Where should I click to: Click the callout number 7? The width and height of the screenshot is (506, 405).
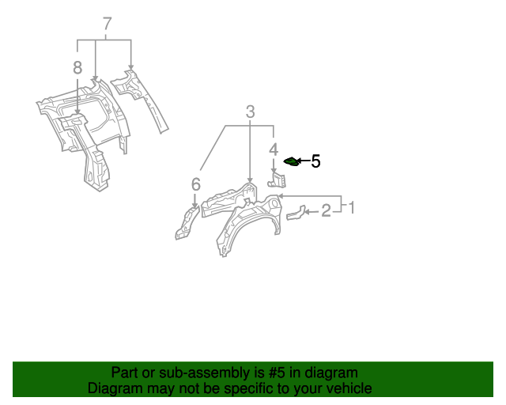tap(108, 24)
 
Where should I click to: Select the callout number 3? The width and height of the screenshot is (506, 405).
tap(250, 112)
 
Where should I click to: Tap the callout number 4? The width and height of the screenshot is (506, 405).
tap(274, 150)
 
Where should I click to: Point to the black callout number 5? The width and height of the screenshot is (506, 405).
tap(315, 161)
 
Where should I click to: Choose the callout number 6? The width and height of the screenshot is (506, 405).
tap(195, 184)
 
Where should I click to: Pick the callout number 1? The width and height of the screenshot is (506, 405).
tap(352, 207)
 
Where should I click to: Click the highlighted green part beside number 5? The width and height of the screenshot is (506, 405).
tap(291, 162)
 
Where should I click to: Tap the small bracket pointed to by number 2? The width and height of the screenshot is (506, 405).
tap(296, 213)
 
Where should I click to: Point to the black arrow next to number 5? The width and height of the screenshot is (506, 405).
tap(304, 161)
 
